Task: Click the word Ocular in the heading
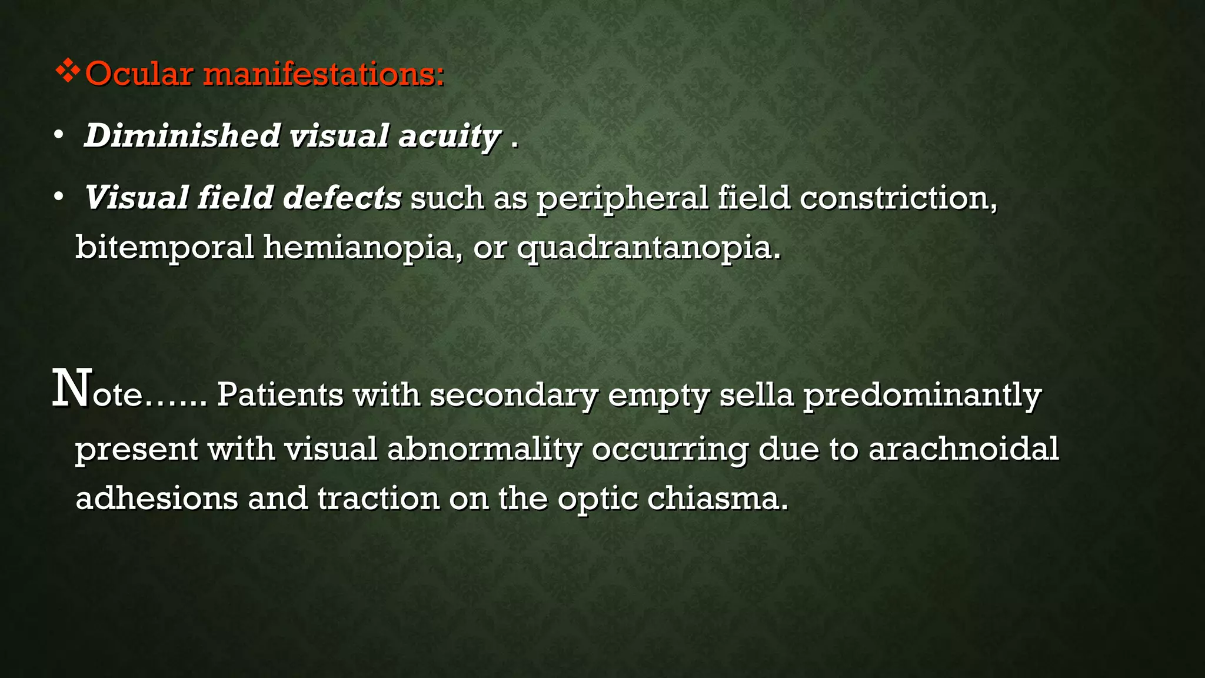[x=139, y=74]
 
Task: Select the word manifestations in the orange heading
[x=324, y=74]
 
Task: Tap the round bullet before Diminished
[x=58, y=135]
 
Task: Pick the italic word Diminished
[x=182, y=135]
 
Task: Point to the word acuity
[x=450, y=137]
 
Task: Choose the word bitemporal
[x=164, y=247]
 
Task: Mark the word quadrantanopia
[x=649, y=248]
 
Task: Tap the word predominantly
[x=922, y=395]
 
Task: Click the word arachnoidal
[x=963, y=448]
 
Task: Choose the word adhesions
[x=157, y=498]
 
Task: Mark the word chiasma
[x=717, y=498]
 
